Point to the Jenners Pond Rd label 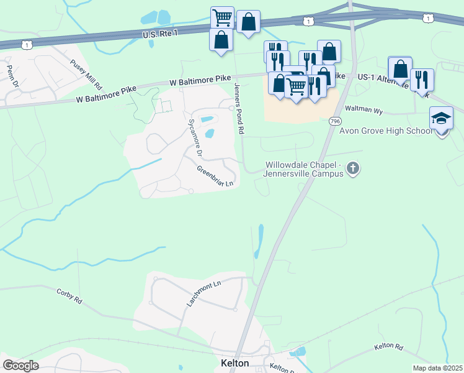coord(239,109)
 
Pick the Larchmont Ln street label coord(204,293)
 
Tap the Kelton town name coord(235,363)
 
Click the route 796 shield coord(335,121)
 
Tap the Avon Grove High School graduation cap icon coord(441,118)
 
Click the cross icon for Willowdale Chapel coord(353,168)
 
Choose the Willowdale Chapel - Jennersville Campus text coord(304,169)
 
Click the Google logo coord(20,366)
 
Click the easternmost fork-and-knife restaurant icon coord(422,79)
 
